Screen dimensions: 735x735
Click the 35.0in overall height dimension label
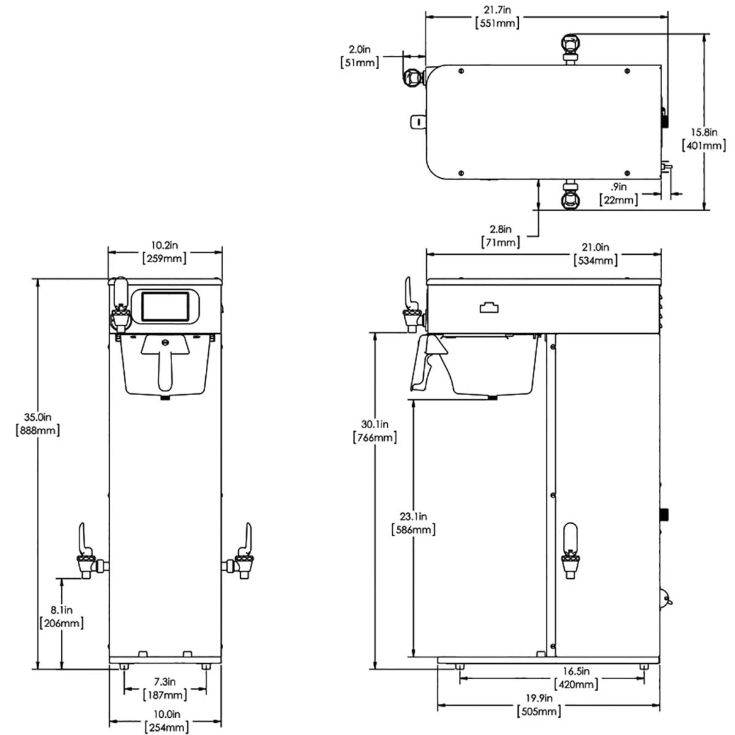(x=37, y=423)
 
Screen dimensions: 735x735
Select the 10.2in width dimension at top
(x=164, y=252)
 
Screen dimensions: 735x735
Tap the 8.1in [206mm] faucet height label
(x=61, y=617)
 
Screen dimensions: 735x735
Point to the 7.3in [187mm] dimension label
(x=165, y=688)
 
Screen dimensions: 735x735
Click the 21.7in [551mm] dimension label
(x=498, y=17)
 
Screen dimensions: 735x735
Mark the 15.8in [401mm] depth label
(x=704, y=138)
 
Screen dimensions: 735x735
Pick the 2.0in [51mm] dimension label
(x=360, y=56)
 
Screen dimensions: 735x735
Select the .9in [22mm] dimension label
(x=619, y=194)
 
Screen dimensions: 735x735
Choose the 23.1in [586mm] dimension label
(x=413, y=523)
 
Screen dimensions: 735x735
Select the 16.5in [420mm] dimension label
(x=576, y=677)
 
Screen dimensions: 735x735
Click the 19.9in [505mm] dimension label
(x=539, y=704)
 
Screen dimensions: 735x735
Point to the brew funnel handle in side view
(x=429, y=361)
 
